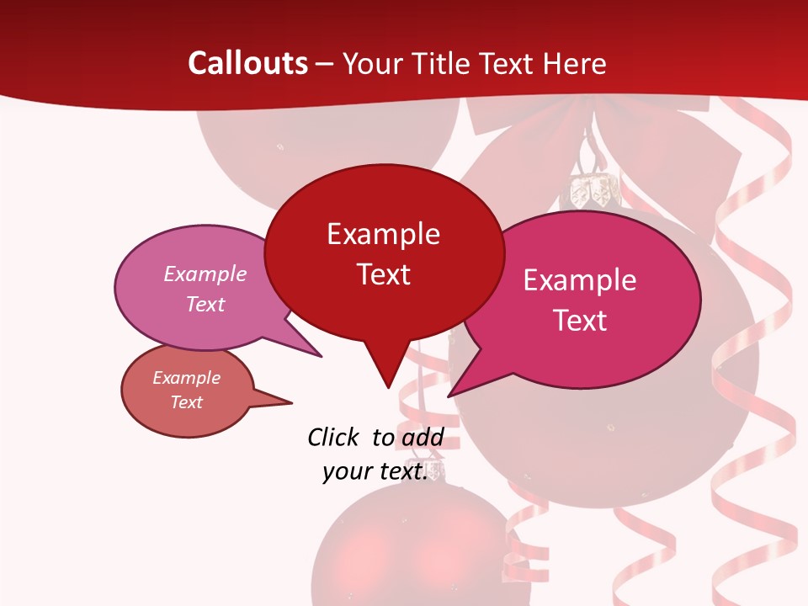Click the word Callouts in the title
pos(247,63)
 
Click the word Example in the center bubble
pos(383,234)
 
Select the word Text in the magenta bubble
pos(581,320)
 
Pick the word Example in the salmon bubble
pos(186,378)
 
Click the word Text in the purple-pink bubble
pos(205,304)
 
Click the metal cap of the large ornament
pos(591,192)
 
